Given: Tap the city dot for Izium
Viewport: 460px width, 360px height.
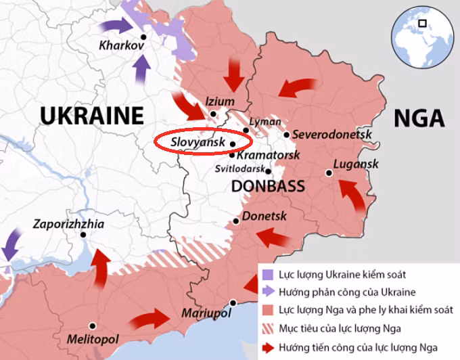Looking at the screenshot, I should pos(213,114).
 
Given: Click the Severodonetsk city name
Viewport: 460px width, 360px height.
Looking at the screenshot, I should pos(332,135).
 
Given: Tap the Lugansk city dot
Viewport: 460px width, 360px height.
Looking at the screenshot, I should pos(329,173).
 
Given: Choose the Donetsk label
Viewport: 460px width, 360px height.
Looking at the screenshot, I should pos(264,217).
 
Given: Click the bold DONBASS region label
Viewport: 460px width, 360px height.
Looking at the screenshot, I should pos(269,186).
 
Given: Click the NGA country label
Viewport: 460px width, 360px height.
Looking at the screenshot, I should pos(419,118).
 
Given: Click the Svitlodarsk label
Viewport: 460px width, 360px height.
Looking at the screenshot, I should pos(240,169).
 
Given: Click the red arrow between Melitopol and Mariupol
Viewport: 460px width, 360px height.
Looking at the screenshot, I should pos(150,320).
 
